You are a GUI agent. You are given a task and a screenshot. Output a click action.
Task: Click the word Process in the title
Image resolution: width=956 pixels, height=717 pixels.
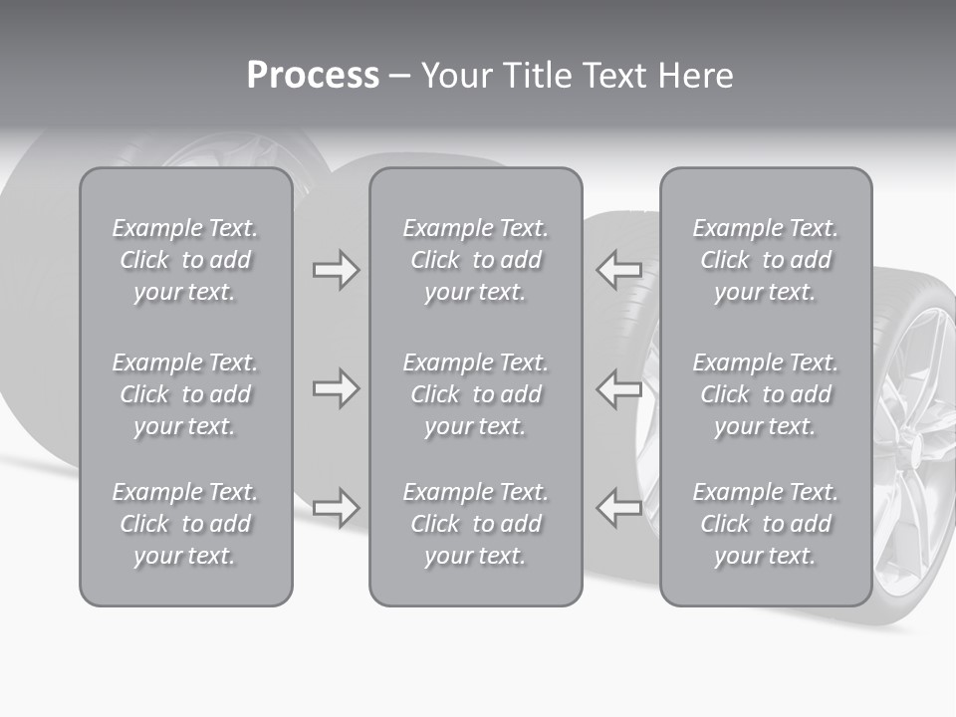coord(313,76)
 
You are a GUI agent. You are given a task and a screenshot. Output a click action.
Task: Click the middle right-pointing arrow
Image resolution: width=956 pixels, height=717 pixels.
coord(336,388)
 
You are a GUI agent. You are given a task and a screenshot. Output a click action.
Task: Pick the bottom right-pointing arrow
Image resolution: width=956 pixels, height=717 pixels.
coord(336,508)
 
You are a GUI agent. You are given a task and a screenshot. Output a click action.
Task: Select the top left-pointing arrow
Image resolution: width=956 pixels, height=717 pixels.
coord(619,270)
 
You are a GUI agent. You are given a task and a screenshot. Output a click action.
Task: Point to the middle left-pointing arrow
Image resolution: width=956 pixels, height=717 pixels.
coord(619,388)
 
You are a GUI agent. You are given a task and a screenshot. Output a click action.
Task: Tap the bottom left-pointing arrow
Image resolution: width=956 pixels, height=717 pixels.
coord(619,507)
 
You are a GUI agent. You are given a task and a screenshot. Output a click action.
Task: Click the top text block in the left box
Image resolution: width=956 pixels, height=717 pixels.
coord(185,260)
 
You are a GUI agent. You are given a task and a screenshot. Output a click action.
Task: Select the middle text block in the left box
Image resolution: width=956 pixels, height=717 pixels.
coord(185,394)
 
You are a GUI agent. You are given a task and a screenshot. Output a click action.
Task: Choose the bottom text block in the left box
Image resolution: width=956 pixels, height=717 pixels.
coord(185,524)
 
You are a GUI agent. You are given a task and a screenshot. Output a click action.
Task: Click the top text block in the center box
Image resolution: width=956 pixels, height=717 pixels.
coord(475,260)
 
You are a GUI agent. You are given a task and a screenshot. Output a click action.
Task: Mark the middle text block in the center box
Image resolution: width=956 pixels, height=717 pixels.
coord(475,394)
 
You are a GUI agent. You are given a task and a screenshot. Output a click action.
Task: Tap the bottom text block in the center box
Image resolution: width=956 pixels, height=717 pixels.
coord(475,524)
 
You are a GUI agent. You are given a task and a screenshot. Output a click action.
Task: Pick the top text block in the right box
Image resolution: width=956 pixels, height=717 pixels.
coord(765,260)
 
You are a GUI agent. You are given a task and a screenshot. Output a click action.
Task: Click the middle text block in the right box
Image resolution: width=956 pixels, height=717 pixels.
coord(765,394)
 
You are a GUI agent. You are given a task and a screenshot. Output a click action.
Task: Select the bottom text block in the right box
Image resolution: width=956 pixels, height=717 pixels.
coord(765,524)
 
